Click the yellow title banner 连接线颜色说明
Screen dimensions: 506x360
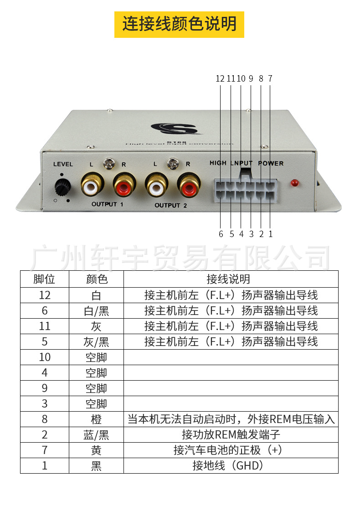tap(179, 24)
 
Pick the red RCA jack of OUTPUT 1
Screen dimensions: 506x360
tap(124, 185)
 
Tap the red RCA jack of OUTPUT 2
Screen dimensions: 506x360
tap(189, 185)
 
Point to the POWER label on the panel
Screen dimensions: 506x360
tap(271, 163)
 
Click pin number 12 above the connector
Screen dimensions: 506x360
tap(220, 78)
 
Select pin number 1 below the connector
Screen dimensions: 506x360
tap(270, 234)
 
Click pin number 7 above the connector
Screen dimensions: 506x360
tap(270, 78)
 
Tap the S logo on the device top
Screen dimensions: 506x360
tap(177, 128)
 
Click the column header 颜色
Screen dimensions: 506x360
tap(96, 279)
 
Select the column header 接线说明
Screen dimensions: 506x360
tap(231, 279)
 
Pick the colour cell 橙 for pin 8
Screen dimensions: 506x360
tap(96, 419)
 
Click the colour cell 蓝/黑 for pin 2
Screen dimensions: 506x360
tap(96, 434)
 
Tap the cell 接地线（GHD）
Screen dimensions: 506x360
tap(231, 465)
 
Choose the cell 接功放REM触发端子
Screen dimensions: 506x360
tap(231, 434)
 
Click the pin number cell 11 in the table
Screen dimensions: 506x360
tap(45, 326)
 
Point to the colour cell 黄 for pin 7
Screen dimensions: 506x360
tap(96, 450)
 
